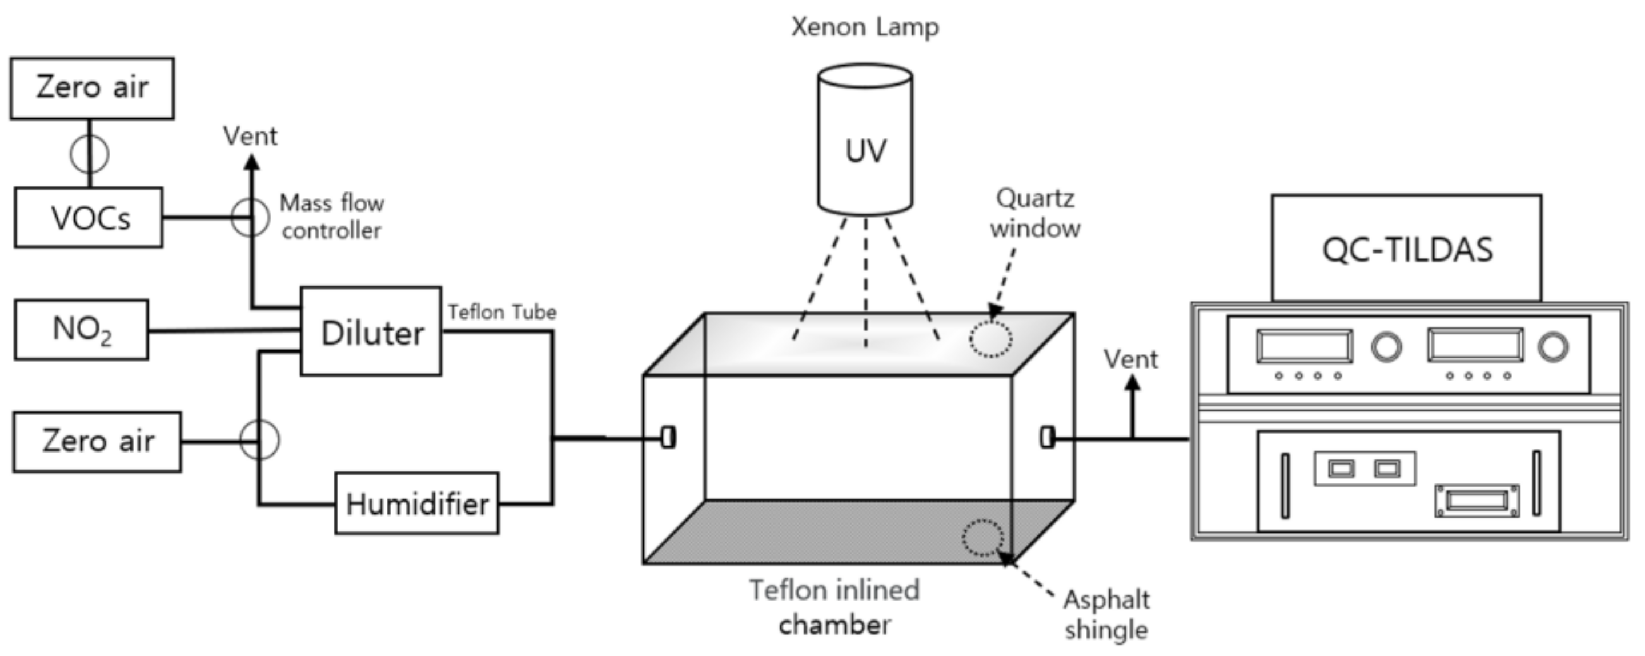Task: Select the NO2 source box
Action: tap(81, 330)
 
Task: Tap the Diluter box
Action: tap(371, 331)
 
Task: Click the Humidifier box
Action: tap(417, 504)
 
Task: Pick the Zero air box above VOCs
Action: tap(92, 88)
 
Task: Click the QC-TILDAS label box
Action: tap(1407, 249)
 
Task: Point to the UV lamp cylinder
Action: tap(865, 141)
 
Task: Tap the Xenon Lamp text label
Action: tap(865, 27)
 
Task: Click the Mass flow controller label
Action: tap(331, 217)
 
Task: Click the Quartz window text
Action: tap(1034, 213)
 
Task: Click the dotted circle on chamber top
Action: tap(990, 339)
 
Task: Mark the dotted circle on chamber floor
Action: tap(983, 538)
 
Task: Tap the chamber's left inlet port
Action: tap(668, 438)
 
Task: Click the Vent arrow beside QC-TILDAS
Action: tap(1132, 386)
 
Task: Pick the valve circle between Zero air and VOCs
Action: tap(90, 154)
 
